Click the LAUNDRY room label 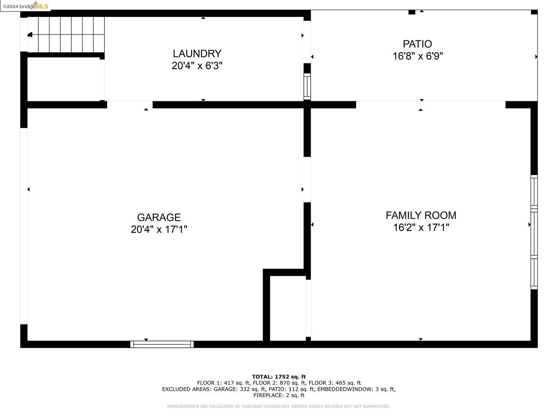197,53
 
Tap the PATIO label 417,44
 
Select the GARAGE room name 159,217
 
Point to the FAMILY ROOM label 421,215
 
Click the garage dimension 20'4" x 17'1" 159,230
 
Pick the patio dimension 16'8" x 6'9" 417,56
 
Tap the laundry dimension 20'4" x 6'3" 197,66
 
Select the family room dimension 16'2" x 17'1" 421,227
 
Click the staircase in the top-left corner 66,35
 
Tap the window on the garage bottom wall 162,344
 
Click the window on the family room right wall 534,232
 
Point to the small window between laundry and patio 307,86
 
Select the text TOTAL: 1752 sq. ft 279,377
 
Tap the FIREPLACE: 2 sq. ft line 279,395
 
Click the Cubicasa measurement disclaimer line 279,406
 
